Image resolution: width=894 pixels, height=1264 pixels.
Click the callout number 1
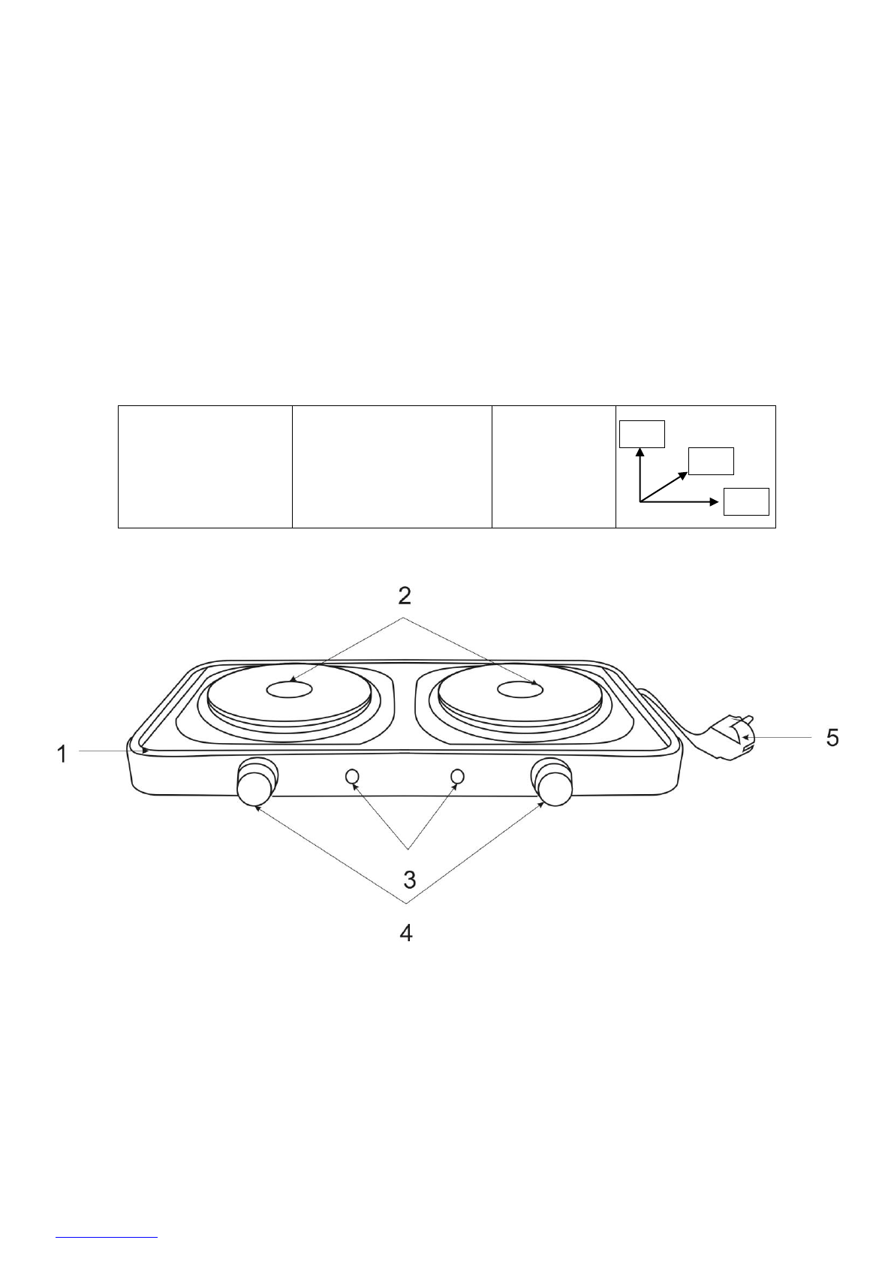point(62,754)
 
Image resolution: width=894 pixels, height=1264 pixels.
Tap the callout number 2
point(405,595)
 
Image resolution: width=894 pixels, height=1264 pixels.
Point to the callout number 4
point(406,950)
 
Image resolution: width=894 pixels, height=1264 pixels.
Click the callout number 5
point(832,738)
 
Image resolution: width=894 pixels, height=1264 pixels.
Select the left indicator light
point(352,776)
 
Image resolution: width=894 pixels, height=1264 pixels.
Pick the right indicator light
point(458,776)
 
